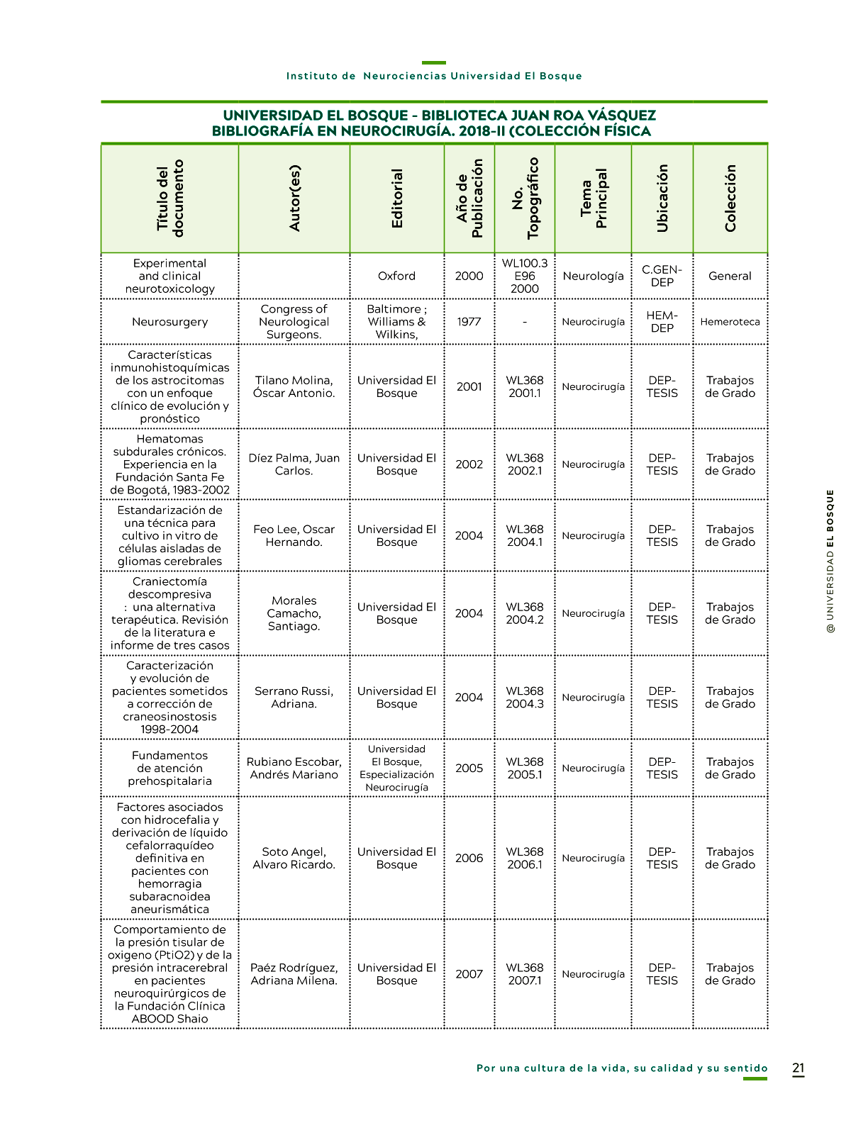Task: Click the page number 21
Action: (x=798, y=1068)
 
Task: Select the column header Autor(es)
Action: (x=294, y=199)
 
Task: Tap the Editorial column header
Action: (x=397, y=199)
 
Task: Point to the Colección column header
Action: (x=730, y=199)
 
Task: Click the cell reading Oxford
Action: (x=397, y=276)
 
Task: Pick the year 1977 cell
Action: (x=469, y=322)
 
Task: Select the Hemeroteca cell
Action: (x=730, y=322)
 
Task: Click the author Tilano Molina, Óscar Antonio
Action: (x=294, y=386)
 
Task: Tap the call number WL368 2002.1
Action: (x=525, y=464)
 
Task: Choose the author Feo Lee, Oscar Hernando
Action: (x=294, y=535)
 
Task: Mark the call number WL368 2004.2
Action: (x=525, y=613)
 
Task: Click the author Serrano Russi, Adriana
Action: (x=294, y=697)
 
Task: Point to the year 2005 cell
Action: (x=469, y=768)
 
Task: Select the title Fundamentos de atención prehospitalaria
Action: (x=170, y=768)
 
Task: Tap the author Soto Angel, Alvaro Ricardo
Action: (x=294, y=858)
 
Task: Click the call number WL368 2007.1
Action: (x=525, y=973)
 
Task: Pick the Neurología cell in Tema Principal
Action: (x=593, y=276)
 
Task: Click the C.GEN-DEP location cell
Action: (x=662, y=276)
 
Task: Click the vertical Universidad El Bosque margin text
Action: (x=830, y=560)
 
